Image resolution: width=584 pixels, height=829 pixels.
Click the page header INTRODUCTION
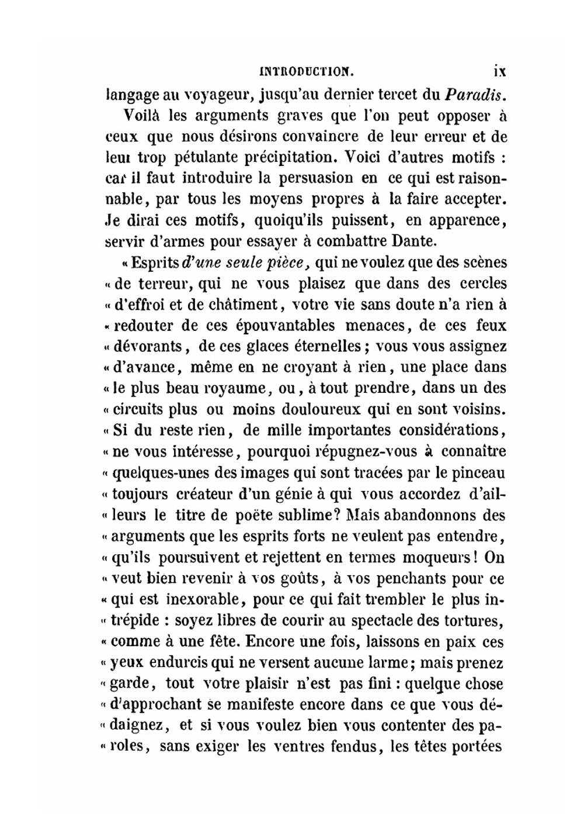[x=306, y=72]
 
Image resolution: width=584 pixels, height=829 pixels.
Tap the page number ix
[x=499, y=72]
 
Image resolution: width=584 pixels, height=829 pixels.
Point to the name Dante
[x=415, y=241]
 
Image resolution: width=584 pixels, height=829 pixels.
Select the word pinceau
[x=478, y=473]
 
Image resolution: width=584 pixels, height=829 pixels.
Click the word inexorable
[x=200, y=599]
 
